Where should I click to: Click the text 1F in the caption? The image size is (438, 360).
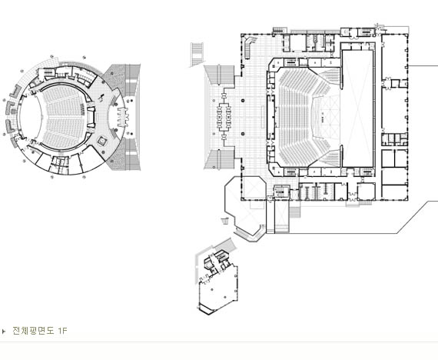point(63,331)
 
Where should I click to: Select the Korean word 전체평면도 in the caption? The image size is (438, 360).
point(33,331)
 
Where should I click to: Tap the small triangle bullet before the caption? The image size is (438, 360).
point(4,332)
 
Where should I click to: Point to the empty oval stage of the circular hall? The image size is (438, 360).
point(30,117)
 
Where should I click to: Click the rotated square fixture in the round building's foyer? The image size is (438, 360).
point(102,141)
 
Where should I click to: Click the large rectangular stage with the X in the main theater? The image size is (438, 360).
point(357,108)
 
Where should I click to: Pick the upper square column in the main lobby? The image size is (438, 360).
point(243,100)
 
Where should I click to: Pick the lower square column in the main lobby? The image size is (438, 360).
point(243,134)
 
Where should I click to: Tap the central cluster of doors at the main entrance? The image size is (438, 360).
point(224,117)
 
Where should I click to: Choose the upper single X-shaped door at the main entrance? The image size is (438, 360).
point(224,96)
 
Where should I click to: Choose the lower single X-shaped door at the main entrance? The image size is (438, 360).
point(224,138)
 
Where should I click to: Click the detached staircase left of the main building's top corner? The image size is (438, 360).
point(197,55)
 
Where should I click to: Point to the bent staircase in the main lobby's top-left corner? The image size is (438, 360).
point(249,46)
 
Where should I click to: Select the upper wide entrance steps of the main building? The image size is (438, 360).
point(220,75)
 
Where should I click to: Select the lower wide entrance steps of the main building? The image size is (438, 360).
point(220,159)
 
